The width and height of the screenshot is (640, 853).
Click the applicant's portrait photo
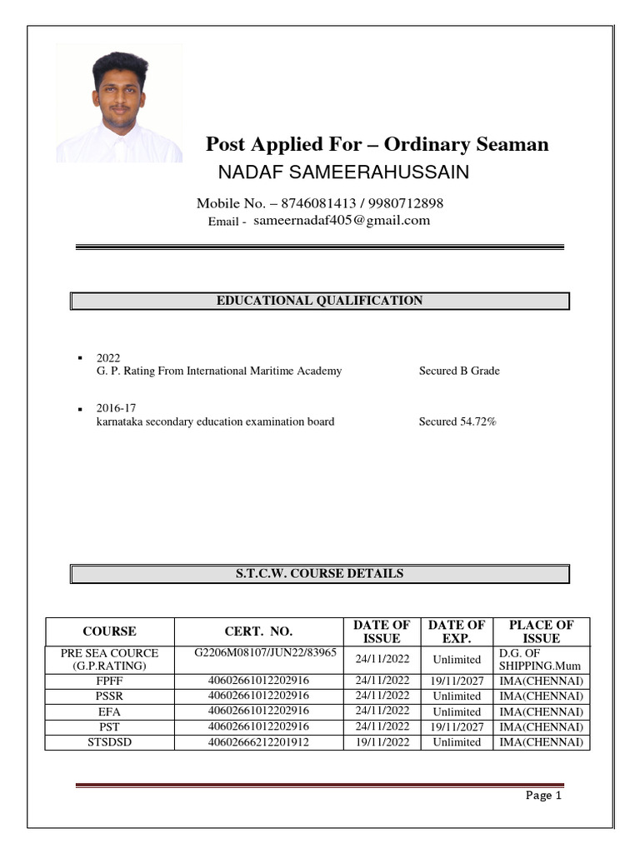coord(118,103)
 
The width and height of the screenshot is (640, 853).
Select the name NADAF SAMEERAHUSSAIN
coord(343,172)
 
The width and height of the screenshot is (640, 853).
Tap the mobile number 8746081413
coord(317,203)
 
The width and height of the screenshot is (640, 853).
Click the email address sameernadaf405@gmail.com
coord(342,221)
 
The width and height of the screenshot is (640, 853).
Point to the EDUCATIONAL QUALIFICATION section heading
coord(319,301)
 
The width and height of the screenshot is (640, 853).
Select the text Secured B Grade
coord(459,371)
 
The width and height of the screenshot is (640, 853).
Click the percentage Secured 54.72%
coord(457,422)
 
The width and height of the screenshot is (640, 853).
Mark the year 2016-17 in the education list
coord(116,408)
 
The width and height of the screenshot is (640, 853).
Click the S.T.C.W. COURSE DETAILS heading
coord(319,574)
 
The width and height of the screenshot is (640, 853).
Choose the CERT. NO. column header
coord(258,631)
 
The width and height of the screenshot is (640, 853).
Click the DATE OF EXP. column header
coord(457,631)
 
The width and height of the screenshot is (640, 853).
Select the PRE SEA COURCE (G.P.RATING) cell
coord(109,660)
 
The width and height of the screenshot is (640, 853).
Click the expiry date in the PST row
coord(457,726)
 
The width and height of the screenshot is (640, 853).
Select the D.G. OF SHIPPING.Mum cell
coord(541,660)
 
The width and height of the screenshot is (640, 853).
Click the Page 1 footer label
coord(543,796)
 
